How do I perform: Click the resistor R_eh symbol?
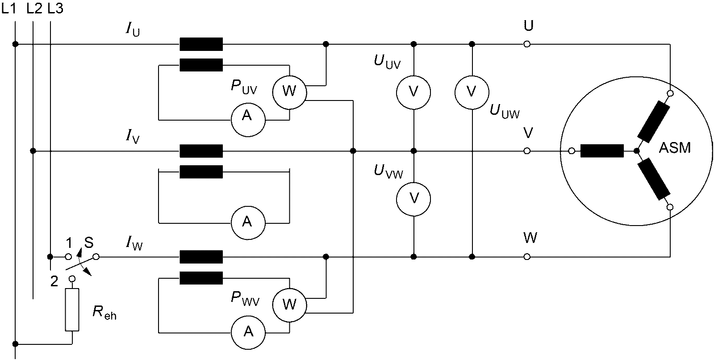point(72,310)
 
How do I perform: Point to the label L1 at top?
point(8,9)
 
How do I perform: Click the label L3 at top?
point(55,9)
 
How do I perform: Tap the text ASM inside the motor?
point(675,148)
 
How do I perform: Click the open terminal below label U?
point(527,44)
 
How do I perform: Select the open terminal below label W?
point(527,257)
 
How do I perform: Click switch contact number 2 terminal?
point(72,279)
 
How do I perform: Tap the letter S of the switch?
point(89,243)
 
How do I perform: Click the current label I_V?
point(133,137)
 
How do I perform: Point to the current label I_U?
point(133,29)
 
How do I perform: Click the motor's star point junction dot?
point(637,151)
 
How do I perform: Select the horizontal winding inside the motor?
point(602,151)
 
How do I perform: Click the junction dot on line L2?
point(33,151)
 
